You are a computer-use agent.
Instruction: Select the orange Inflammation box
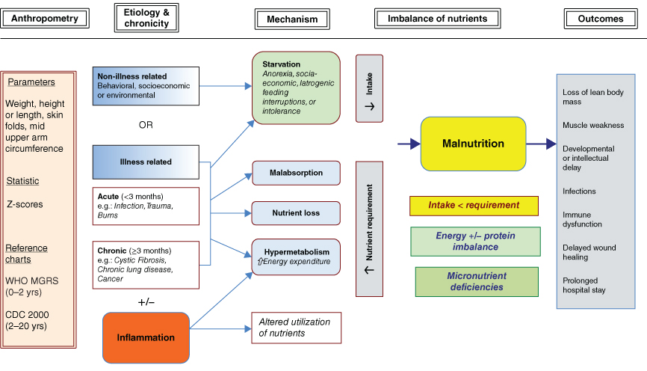(145, 337)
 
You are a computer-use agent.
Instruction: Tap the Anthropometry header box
(46, 18)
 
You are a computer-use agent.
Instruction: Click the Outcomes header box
(600, 18)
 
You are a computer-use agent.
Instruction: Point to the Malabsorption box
(297, 173)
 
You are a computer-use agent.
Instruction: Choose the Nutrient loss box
(297, 212)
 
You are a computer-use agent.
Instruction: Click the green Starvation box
(297, 88)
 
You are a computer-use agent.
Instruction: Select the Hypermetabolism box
(297, 256)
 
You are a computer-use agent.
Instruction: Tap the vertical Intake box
(370, 88)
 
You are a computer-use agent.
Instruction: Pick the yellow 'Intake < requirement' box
(474, 205)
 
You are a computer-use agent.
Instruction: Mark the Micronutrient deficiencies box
(476, 281)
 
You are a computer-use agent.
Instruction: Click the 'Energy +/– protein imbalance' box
(476, 242)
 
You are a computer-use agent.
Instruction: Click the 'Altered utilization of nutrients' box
(297, 327)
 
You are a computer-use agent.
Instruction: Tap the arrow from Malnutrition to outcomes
(540, 143)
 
